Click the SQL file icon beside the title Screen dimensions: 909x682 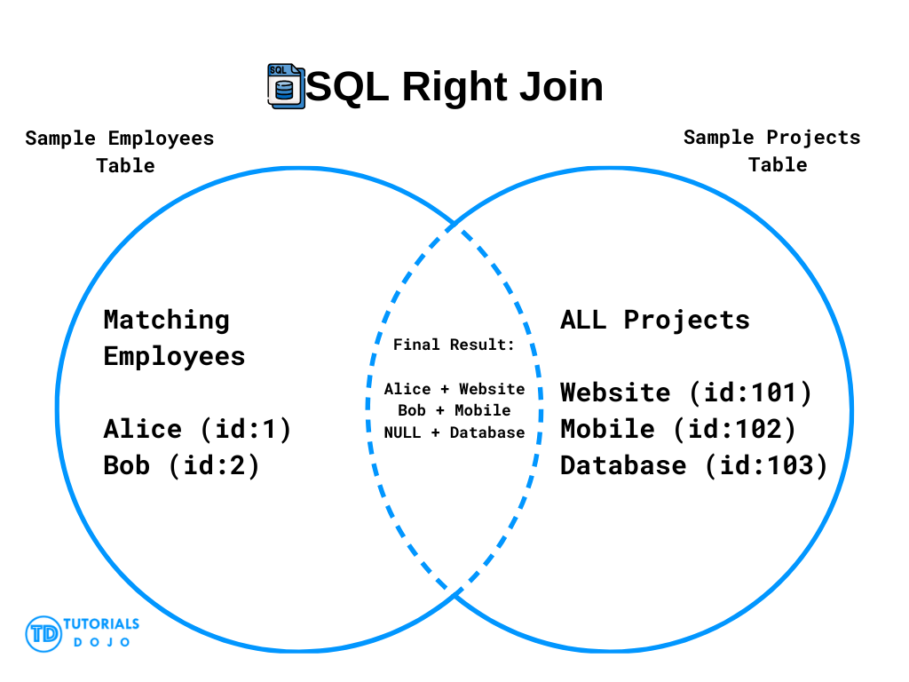(286, 86)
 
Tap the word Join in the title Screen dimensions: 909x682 (561, 86)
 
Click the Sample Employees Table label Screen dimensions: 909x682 (120, 152)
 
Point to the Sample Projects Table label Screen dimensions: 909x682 (772, 151)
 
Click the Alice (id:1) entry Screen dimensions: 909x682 (197, 430)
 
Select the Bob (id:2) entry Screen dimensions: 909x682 (181, 466)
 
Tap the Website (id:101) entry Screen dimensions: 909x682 (686, 393)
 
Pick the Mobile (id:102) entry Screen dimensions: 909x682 (678, 430)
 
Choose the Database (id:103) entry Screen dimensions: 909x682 (694, 466)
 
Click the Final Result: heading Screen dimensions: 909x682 (454, 345)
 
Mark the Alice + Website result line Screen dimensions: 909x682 (454, 389)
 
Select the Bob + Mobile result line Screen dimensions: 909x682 (454, 410)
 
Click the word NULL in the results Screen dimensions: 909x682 (402, 432)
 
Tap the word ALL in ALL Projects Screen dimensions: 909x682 (583, 320)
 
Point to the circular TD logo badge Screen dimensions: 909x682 (43, 634)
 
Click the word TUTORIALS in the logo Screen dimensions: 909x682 (101, 624)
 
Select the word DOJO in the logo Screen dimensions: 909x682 (101, 642)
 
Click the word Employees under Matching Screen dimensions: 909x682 (175, 357)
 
